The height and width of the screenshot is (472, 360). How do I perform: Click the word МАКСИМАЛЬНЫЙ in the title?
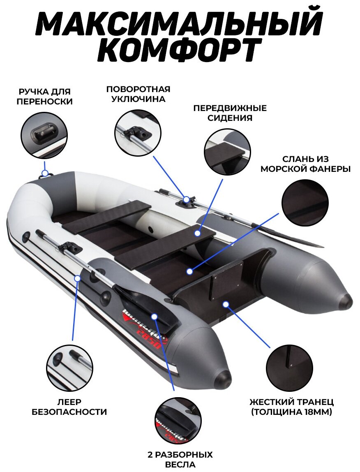pyautogui.click(x=179, y=24)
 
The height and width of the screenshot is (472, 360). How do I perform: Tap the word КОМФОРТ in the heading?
pyautogui.click(x=180, y=51)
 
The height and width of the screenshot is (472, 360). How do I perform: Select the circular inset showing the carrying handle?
pyautogui.click(x=44, y=134)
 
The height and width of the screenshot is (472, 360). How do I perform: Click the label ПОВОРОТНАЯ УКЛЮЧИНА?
pyautogui.click(x=138, y=94)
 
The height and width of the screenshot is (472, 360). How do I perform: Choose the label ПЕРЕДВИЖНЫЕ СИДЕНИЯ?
pyautogui.click(x=230, y=113)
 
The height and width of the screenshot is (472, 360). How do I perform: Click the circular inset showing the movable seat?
pyautogui.click(x=227, y=152)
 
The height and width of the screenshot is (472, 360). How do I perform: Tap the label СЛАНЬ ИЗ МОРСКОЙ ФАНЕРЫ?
pyautogui.click(x=306, y=164)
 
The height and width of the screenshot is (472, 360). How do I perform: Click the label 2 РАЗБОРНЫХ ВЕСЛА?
pyautogui.click(x=180, y=460)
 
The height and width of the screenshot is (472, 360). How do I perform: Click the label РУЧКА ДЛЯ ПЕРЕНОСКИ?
pyautogui.click(x=44, y=96)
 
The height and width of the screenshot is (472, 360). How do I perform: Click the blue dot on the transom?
pyautogui.click(x=225, y=303)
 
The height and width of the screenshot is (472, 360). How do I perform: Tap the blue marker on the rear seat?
pyautogui.click(x=197, y=233)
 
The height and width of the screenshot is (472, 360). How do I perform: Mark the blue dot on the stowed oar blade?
pyautogui.click(x=154, y=316)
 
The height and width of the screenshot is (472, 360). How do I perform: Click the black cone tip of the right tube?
pyautogui.click(x=346, y=301)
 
